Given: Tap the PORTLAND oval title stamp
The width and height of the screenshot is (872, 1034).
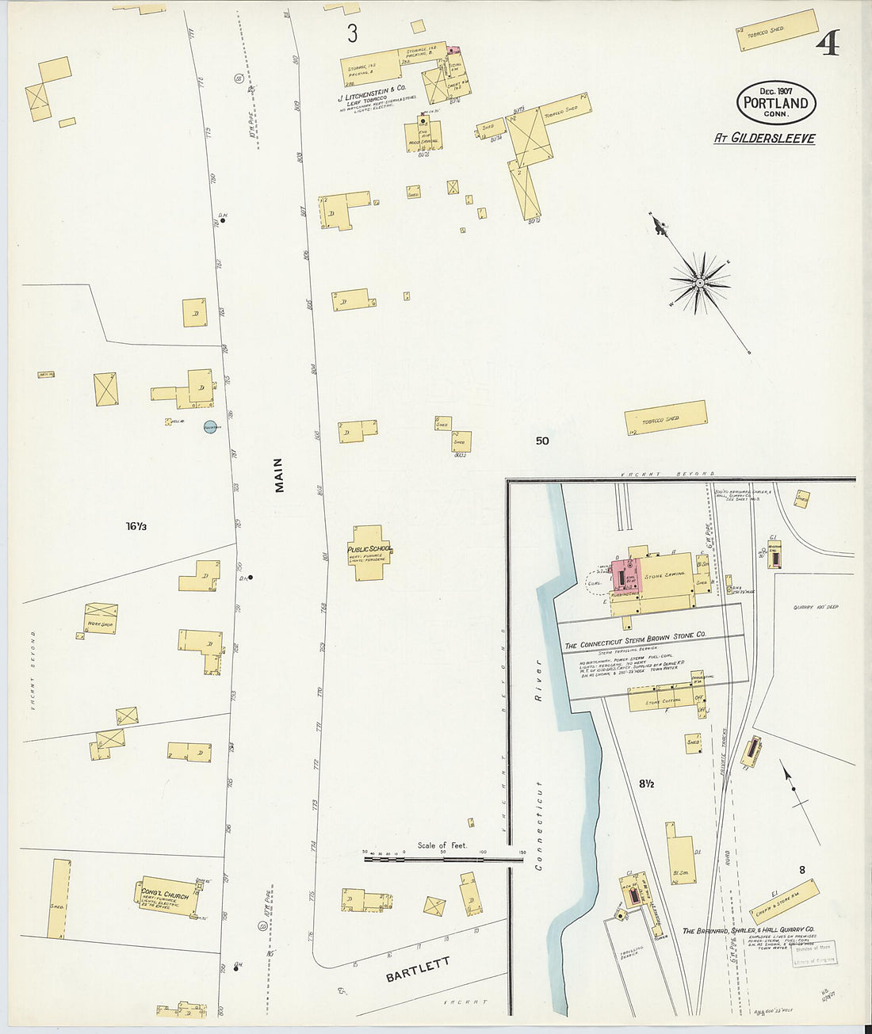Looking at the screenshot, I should click(776, 103).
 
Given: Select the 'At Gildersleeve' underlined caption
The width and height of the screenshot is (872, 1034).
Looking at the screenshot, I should click(764, 138).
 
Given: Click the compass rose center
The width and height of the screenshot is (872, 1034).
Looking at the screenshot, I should click(700, 282).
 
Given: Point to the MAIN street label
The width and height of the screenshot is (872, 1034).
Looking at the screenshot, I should click(279, 475).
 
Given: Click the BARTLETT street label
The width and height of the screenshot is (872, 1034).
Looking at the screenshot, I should click(418, 969).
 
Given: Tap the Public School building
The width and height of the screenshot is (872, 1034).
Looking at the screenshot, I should click(368, 553).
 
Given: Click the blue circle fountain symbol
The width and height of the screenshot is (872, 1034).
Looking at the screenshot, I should click(211, 426).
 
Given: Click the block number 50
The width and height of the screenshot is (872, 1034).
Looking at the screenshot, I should click(541, 441).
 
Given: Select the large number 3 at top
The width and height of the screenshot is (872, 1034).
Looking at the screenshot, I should click(352, 33).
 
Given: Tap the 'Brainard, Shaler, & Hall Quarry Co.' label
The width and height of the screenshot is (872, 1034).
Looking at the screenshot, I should click(748, 930).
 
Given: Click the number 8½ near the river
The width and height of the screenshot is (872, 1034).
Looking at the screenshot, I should click(646, 784).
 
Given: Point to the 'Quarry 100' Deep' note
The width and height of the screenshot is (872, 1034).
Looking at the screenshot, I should click(816, 608).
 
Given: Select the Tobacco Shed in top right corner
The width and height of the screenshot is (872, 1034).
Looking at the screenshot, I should click(777, 29).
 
